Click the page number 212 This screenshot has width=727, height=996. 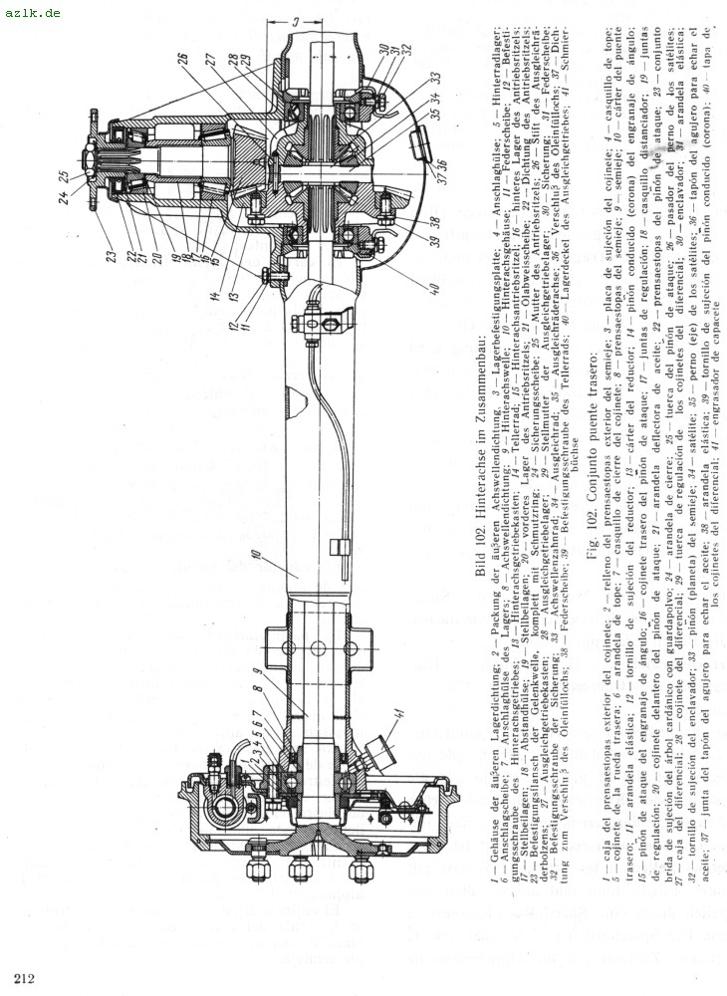[x=25, y=976]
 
